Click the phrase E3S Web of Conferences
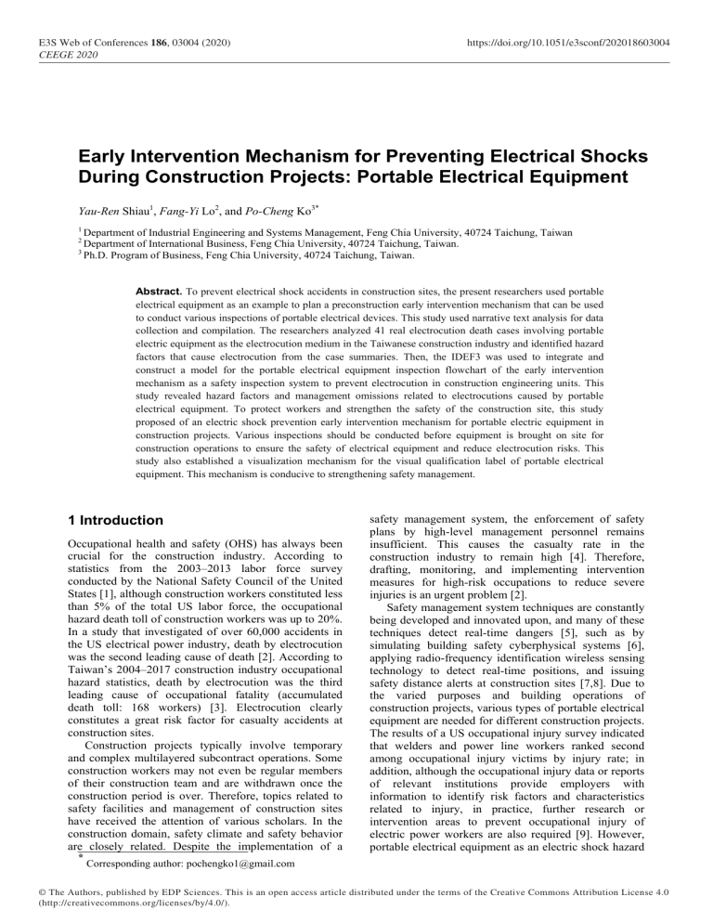click(85, 43)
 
